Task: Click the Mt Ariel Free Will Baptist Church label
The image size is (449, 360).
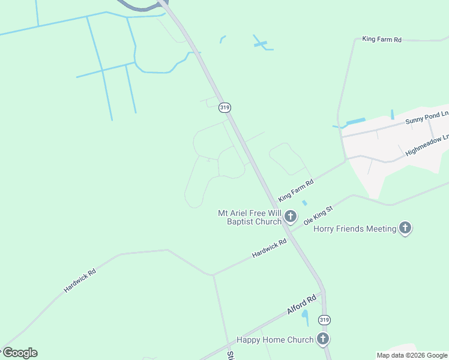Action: [x=249, y=217]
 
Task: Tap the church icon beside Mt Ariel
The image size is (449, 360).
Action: [x=291, y=216]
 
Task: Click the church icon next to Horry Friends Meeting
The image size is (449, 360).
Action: [x=405, y=228]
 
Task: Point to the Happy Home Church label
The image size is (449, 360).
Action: [x=275, y=340]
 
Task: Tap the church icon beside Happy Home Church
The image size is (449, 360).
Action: [x=323, y=339]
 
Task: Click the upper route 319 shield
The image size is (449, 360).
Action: [x=225, y=107]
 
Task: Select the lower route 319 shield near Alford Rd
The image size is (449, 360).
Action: [x=324, y=319]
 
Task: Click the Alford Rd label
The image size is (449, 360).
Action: [x=301, y=305]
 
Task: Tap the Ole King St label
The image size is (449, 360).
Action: [x=318, y=215]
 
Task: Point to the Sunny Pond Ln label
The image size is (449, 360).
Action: [x=427, y=117]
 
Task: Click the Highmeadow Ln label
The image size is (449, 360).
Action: [x=427, y=145]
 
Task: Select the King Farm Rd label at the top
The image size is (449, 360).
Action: [x=382, y=39]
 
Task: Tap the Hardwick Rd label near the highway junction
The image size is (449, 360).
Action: [x=270, y=247]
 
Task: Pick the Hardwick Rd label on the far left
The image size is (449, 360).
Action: [x=80, y=280]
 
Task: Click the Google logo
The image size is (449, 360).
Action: [x=20, y=353]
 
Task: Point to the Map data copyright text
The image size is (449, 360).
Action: [x=412, y=355]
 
